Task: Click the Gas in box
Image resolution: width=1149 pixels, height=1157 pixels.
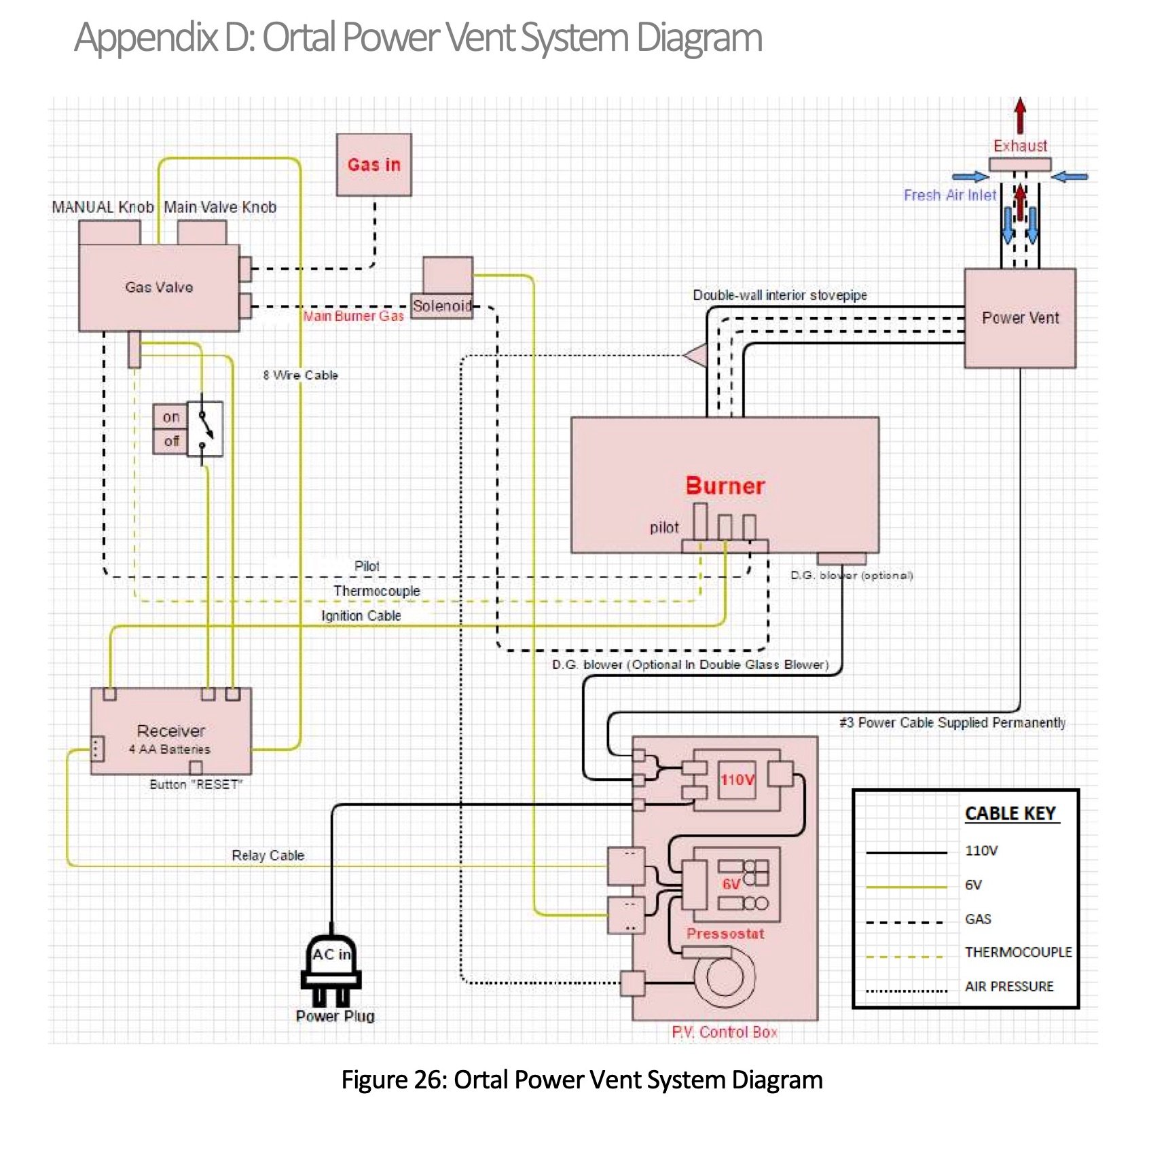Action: pos(373,164)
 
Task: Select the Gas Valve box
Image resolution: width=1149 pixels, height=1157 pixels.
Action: pos(159,287)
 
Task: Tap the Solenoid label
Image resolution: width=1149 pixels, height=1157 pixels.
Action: pos(442,306)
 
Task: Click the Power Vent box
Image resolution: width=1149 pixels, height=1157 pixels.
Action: pos(1020,318)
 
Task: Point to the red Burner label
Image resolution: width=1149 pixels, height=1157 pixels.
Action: pos(725,486)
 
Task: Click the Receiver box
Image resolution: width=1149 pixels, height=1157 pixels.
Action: pos(170,731)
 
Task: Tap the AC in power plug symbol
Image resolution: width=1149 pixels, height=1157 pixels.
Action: pos(331,968)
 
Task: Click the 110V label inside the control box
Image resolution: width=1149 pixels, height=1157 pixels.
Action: pos(737,779)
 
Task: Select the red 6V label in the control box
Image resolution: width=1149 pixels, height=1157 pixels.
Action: pos(731,883)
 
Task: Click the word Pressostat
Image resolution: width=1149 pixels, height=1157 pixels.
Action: pos(725,934)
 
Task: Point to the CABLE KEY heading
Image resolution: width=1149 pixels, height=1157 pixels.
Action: pos(1010,813)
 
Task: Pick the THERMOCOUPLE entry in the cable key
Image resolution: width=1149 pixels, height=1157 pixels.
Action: pos(1018,953)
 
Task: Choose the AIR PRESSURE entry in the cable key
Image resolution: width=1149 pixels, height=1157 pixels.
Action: pos(1009,987)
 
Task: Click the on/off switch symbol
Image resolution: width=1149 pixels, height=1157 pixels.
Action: pos(204,429)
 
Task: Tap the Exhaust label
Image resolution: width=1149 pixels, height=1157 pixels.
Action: pos(1020,146)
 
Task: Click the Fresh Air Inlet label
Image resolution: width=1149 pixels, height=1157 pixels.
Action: pos(949,196)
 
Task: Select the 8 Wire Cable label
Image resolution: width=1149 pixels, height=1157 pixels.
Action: pos(300,375)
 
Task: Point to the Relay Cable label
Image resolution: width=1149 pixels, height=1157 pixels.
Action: pos(268,856)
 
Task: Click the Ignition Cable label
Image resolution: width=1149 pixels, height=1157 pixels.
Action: pos(361,616)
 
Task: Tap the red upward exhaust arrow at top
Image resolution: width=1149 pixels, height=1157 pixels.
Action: pos(1020,115)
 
